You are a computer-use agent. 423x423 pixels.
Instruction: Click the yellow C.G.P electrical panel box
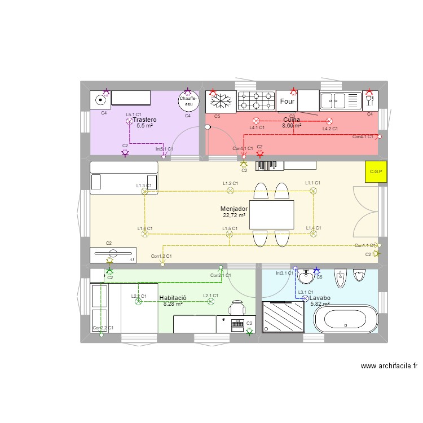pos(376,171)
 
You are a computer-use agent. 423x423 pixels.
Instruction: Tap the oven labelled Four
pos(287,102)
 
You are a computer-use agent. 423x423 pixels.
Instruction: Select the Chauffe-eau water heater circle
pos(188,100)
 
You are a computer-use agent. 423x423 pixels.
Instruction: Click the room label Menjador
pos(234,209)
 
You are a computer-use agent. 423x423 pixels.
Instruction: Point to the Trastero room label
pos(144,120)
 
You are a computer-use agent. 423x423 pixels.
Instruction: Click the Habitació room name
pos(173,297)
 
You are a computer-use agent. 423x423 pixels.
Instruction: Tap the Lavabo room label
pos(320,298)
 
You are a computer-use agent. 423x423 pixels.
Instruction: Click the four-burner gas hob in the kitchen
pos(255,101)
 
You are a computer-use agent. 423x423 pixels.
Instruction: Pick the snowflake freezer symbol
pos(221,102)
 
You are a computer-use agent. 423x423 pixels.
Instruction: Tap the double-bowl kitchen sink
pos(341,101)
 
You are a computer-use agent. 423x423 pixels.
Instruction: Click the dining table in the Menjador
pos(272,215)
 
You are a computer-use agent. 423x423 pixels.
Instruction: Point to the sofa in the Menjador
pos(124,176)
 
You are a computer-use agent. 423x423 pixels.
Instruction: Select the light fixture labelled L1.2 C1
pos(230,191)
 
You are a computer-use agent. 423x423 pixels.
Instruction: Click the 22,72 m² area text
pos(234,215)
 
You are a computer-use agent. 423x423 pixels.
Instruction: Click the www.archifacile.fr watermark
pos(389,365)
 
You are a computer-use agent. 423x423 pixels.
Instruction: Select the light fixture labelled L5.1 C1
pos(129,121)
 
